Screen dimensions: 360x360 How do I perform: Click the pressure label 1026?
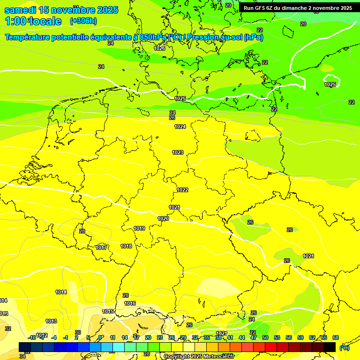click(159, 48)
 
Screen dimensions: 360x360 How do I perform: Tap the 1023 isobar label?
click(178, 152)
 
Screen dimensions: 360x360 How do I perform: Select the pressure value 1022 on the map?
click(182, 190)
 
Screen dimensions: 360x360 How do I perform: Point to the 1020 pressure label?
click(163, 218)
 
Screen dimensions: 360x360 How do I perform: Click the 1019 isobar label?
click(139, 228)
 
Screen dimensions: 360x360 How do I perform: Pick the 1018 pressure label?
click(126, 246)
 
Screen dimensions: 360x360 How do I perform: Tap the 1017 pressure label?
click(101, 247)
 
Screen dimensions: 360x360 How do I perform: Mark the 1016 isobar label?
click(130, 303)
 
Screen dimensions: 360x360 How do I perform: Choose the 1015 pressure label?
click(108, 311)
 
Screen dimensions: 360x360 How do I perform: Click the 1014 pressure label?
click(61, 292)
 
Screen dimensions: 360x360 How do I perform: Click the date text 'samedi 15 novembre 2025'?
click(61, 10)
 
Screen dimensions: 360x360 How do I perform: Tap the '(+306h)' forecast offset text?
click(83, 21)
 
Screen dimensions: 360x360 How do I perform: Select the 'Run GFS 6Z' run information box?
click(298, 8)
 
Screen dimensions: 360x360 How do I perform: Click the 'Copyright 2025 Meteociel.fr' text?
click(198, 356)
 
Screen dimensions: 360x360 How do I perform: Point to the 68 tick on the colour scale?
click(335, 337)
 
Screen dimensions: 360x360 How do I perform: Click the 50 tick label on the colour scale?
click(265, 337)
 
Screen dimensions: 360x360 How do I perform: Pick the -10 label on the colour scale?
click(32, 337)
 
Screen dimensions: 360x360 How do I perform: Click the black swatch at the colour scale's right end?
click(330, 347)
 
